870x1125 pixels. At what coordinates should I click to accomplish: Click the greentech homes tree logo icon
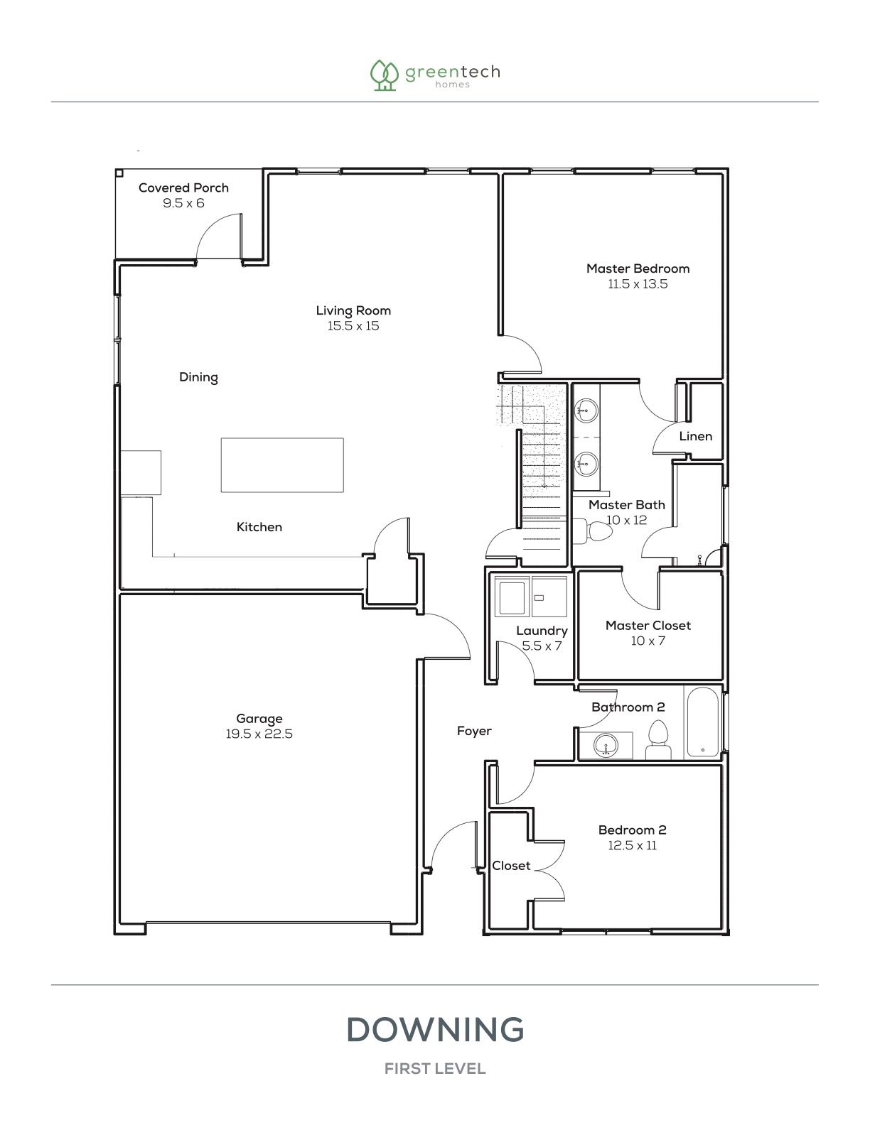pos(384,75)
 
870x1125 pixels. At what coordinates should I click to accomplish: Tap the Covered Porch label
pos(183,187)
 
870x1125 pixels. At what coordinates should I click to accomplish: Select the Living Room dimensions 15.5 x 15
pos(353,326)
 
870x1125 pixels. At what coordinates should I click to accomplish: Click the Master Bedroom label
pos(638,268)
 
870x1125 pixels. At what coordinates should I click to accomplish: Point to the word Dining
pos(198,377)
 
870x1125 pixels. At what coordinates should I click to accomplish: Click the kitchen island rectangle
pos(282,465)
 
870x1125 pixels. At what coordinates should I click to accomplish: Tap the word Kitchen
pos(259,527)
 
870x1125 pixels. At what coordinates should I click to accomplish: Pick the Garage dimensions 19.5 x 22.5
pos(259,734)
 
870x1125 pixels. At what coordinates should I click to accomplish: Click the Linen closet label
pos(695,436)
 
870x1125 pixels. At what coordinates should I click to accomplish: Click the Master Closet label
pos(648,626)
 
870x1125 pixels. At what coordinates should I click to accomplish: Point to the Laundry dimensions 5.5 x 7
pos(542,646)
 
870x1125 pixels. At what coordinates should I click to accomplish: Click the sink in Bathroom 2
pos(606,746)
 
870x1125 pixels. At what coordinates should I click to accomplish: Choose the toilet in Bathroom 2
pos(658,740)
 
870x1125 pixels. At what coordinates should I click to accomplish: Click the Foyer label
pos(474,731)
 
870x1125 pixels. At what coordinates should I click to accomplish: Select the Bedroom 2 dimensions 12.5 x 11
pos(632,845)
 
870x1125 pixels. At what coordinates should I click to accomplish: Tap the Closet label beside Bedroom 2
pos(511,866)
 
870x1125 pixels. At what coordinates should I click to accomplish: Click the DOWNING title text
pos(435,1029)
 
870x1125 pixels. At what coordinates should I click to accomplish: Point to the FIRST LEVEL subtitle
pos(435,1069)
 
